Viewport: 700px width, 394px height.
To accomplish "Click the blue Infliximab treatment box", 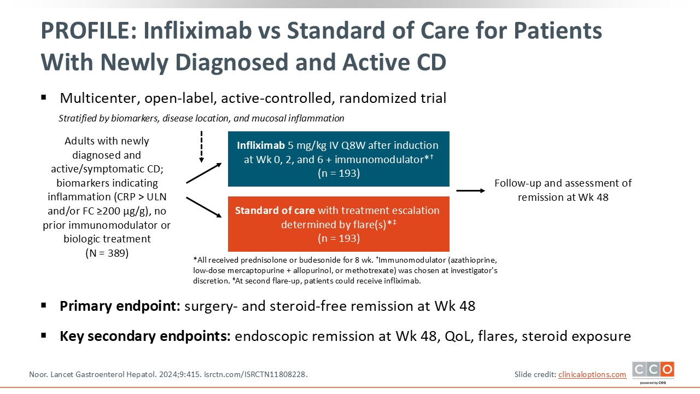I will click(339, 159).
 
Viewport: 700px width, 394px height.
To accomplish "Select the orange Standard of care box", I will click(339, 224).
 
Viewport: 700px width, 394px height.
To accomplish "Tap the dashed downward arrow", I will click(201, 147).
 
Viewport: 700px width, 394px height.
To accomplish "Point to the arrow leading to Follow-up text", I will click(470, 190).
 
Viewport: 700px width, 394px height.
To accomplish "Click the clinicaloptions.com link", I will click(592, 374).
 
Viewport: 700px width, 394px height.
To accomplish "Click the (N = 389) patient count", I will click(107, 253).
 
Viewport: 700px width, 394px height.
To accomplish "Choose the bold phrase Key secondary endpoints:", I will click(145, 336).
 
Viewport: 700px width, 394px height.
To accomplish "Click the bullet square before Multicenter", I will click(44, 98).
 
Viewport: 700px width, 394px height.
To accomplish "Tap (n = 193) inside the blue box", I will click(339, 173).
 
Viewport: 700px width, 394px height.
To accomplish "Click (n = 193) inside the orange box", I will click(339, 239).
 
